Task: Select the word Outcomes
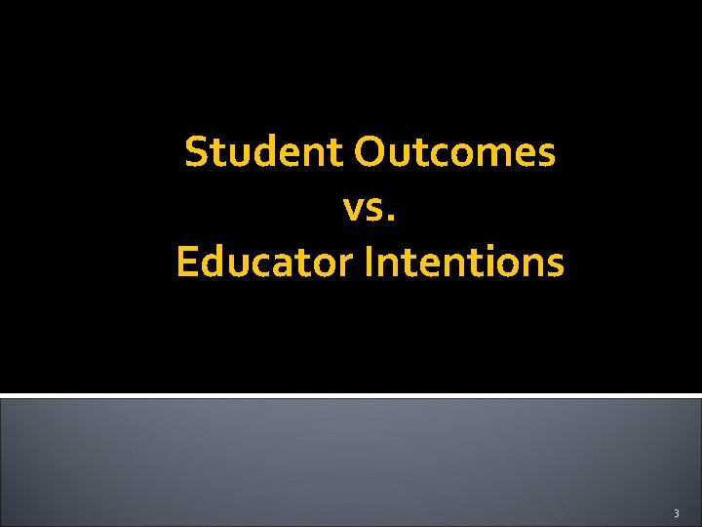[x=455, y=152]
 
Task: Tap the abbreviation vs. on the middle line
[x=370, y=208]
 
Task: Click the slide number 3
[x=676, y=512]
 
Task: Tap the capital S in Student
[x=195, y=153]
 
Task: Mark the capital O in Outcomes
[x=370, y=153]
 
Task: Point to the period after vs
[x=393, y=217]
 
